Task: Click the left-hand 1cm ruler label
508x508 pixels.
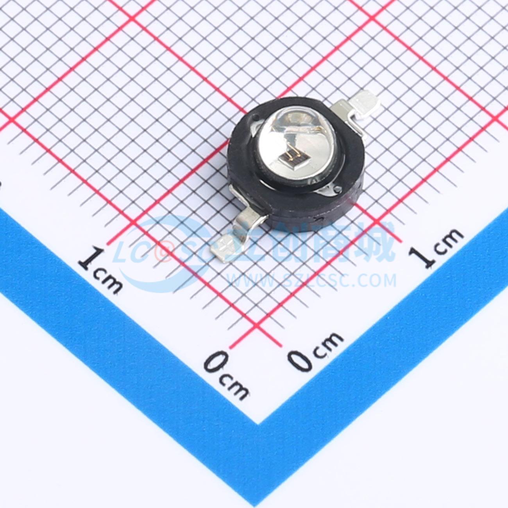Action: [100, 270]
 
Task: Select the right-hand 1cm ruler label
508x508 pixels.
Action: [436, 248]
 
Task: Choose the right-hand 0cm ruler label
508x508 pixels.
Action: [315, 352]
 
